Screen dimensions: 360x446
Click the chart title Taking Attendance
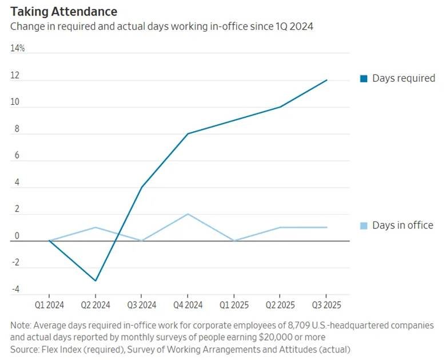[x=63, y=11]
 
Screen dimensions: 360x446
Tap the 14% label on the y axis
[x=18, y=49]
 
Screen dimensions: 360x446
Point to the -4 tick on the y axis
[x=15, y=290]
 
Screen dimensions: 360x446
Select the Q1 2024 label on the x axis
[x=49, y=304]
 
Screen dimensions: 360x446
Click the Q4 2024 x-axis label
[x=187, y=304]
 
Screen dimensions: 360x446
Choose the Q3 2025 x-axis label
[x=326, y=304]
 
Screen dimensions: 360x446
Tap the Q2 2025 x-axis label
[x=280, y=304]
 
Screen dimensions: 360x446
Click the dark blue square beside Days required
[x=364, y=79]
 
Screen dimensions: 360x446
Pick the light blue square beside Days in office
[x=364, y=226]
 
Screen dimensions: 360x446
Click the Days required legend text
[x=403, y=78]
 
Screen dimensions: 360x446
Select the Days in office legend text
[x=403, y=226]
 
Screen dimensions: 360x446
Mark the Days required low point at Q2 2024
[x=95, y=280]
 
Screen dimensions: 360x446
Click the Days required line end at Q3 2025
[x=326, y=80]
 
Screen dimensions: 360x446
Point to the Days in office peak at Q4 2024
[x=188, y=214]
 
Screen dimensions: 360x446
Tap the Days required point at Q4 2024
[x=188, y=134]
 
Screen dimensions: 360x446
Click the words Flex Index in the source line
[x=61, y=349]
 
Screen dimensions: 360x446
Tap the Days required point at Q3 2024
[x=141, y=187]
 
